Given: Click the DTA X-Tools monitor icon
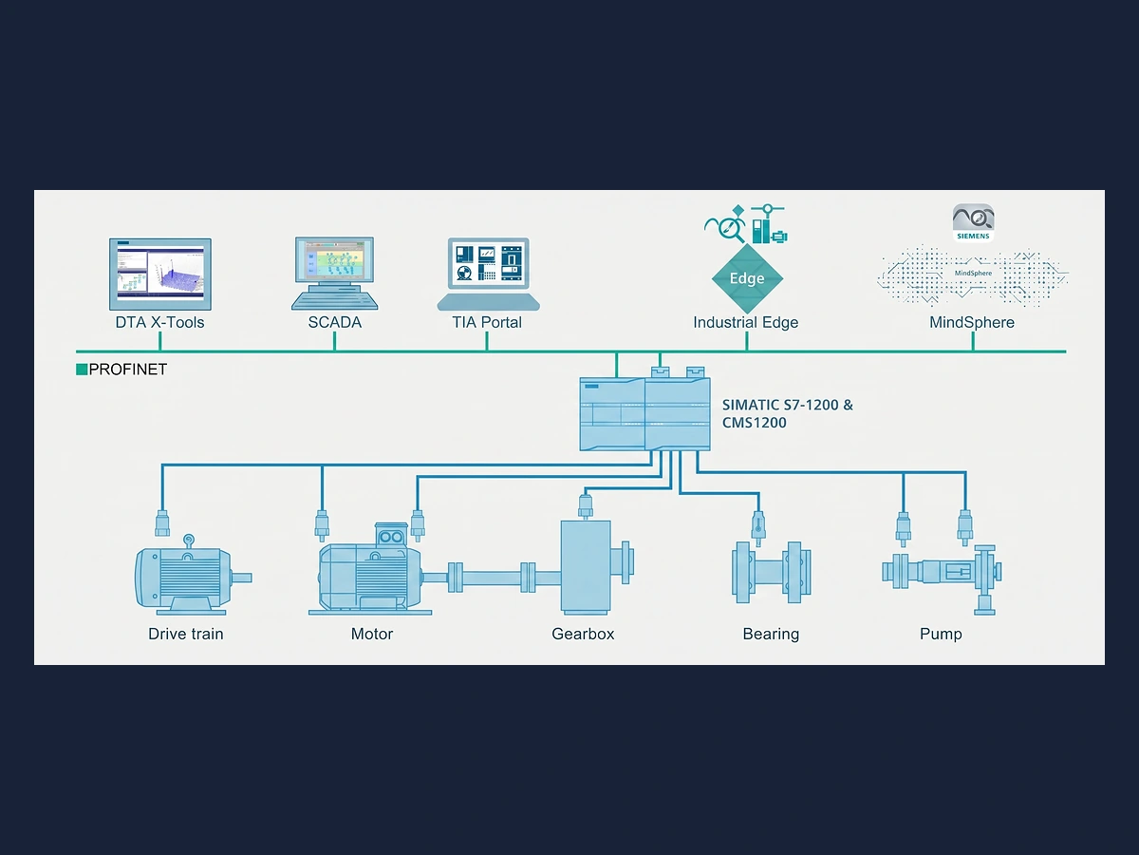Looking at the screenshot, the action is pos(159,275).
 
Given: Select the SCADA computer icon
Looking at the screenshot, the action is pos(335,274).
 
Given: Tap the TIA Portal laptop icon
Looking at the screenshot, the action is pos(488,275).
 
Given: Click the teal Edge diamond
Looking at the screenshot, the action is pos(747,278).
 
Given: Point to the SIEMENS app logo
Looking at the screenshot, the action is pos(973,222).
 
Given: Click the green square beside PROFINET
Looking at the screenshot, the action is pos(82,370).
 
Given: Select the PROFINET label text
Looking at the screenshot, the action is pos(127,370).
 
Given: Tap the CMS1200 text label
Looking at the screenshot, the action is pos(754,423).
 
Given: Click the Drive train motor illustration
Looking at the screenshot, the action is pos(193,575).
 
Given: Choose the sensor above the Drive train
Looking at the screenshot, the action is pos(162,522).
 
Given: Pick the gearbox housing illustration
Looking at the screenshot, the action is pos(586,567).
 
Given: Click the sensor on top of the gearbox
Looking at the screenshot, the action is pos(586,506).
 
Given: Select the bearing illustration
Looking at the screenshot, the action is pos(771,573).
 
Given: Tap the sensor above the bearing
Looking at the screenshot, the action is pos(758,528).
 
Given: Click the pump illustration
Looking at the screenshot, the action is pos(942,579).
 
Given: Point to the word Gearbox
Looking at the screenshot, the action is pos(583,634).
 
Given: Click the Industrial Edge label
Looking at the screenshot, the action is pos(746,322).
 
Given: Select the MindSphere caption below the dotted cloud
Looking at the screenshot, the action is pos(972,322).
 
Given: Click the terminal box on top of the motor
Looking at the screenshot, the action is pos(390,534).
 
